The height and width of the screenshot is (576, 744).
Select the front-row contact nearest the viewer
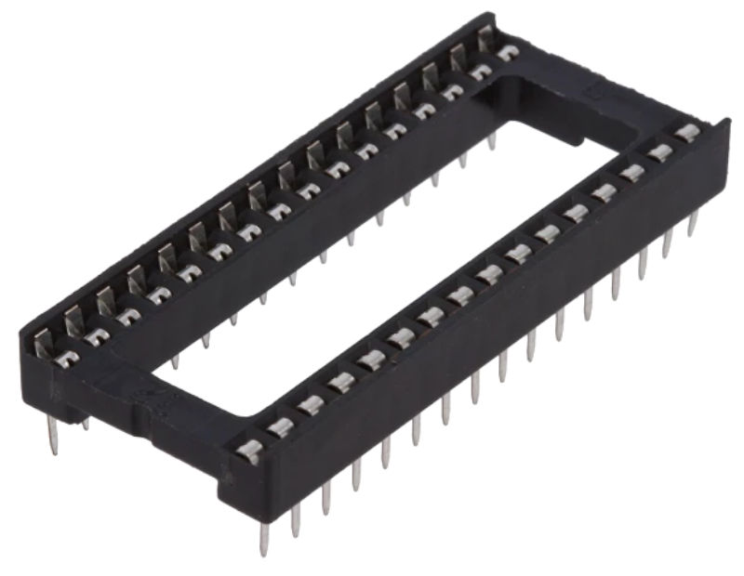[x=248, y=452]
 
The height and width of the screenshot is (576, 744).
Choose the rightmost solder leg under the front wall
[x=692, y=224]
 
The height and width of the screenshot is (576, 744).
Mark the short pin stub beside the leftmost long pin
[x=85, y=423]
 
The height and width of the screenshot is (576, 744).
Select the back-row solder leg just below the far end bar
[x=491, y=139]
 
